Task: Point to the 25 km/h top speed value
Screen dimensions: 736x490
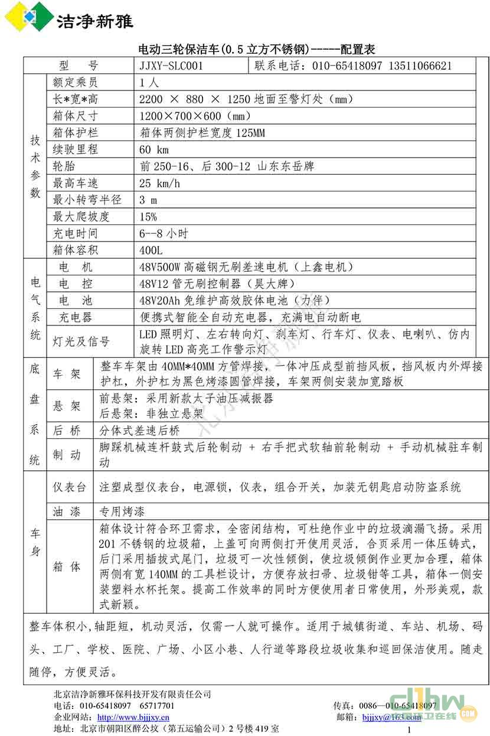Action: (159, 183)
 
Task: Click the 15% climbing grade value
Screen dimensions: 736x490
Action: (148, 217)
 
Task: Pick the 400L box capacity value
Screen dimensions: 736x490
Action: (151, 250)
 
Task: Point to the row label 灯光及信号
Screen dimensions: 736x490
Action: (81, 341)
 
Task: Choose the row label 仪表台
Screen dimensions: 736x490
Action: (70, 487)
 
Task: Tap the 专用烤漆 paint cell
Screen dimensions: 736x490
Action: (122, 512)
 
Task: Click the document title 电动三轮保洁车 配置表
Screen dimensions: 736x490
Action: (256, 49)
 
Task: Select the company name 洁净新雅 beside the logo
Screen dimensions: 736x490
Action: (94, 21)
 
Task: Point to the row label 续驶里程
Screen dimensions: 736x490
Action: (75, 149)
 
